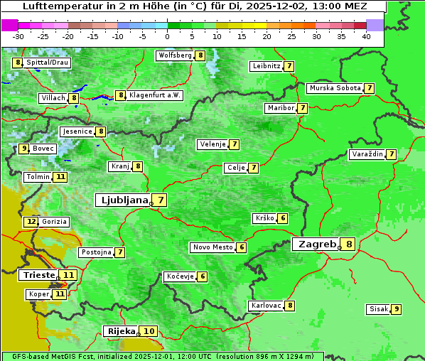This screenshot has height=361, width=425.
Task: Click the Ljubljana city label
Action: coord(122,200)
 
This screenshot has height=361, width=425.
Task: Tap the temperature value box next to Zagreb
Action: coord(349,244)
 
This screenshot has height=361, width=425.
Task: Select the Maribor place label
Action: coord(279,108)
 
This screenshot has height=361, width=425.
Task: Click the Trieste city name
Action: coord(39,275)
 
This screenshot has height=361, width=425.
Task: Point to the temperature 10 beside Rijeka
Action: coord(149,331)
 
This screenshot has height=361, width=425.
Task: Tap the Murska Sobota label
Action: coord(334,88)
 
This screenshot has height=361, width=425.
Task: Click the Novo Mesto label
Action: coord(212,247)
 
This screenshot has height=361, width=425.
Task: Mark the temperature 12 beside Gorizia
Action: coord(31,222)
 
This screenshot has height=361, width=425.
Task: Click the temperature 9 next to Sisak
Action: coord(396,309)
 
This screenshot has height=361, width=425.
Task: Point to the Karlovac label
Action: coord(266,306)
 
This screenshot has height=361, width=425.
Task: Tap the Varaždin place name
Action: coord(367,154)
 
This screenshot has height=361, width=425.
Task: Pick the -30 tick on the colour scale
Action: coord(18,36)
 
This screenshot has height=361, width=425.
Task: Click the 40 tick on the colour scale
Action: coord(366,36)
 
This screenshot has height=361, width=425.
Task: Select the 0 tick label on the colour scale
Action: coord(167,36)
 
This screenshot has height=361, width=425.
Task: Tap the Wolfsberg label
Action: coord(175,55)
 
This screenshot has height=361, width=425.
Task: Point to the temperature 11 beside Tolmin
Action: coord(60,177)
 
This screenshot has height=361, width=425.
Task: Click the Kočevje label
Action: coord(179,276)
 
